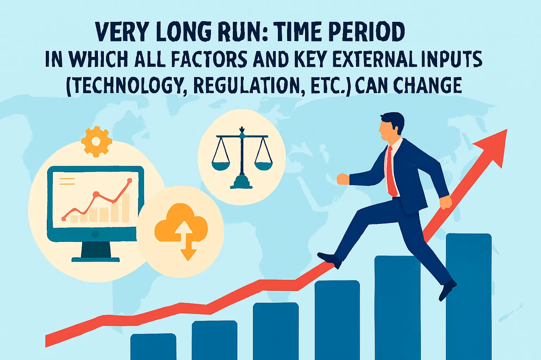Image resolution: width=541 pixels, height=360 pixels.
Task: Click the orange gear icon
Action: click(96, 141)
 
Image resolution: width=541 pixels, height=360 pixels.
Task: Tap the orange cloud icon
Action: click(181, 223)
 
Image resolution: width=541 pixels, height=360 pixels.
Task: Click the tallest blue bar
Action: click(468, 296)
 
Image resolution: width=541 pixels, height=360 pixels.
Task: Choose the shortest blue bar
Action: click(153, 346)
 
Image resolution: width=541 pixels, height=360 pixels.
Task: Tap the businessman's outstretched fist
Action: click(343, 179)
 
